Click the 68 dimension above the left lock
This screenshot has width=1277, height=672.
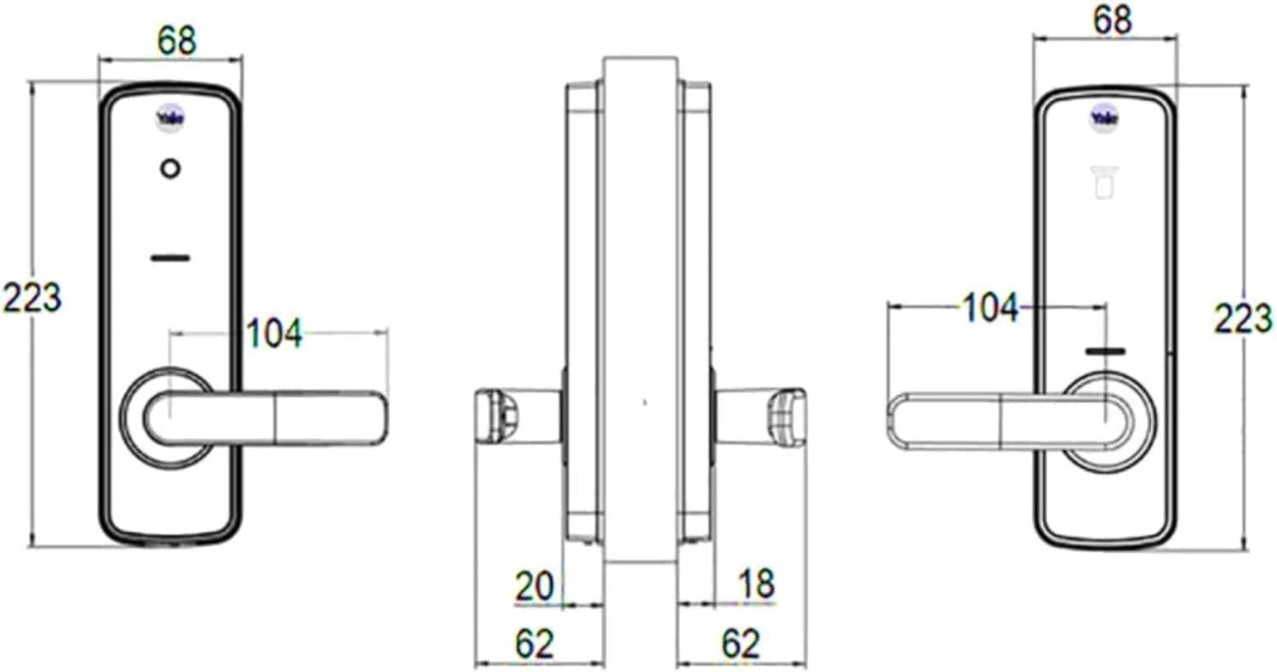pyautogui.click(x=177, y=41)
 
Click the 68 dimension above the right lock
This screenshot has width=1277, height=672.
pyautogui.click(x=1112, y=20)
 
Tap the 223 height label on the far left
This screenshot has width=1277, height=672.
pyautogui.click(x=32, y=297)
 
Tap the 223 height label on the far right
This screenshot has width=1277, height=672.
pyautogui.click(x=1243, y=318)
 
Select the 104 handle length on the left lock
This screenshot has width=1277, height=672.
pyautogui.click(x=273, y=333)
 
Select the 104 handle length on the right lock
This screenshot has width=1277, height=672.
pyautogui.click(x=990, y=308)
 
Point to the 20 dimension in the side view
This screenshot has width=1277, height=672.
pyautogui.click(x=534, y=586)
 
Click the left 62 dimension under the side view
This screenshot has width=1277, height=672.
pyautogui.click(x=534, y=644)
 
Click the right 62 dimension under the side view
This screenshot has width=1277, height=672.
pyautogui.click(x=741, y=644)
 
